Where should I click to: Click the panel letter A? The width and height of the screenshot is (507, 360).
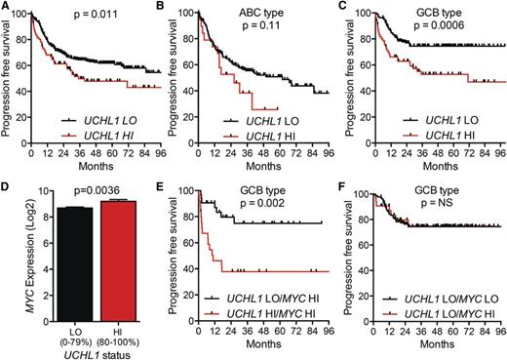point(6,8)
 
